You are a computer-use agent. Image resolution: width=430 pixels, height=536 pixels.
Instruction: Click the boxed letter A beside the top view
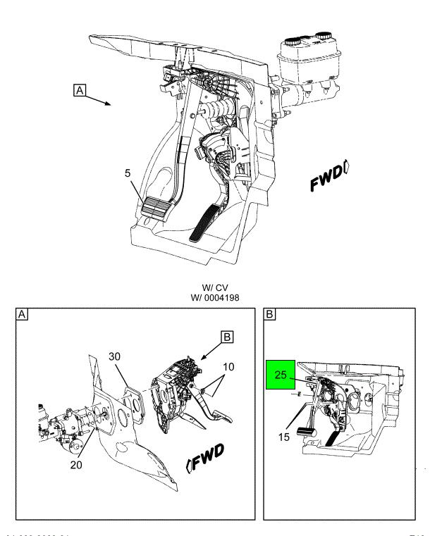tap(81, 90)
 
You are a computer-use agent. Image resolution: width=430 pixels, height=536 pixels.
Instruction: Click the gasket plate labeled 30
tap(130, 404)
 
